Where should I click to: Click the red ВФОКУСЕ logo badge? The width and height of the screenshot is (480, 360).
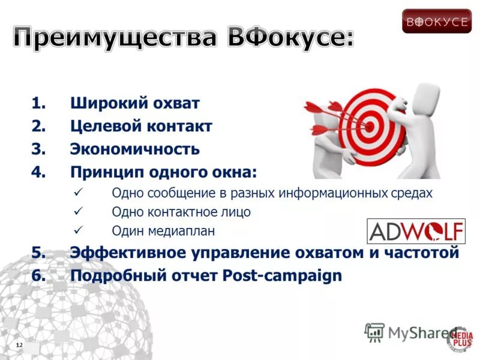(437, 21)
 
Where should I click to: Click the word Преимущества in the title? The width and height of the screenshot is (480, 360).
(114, 38)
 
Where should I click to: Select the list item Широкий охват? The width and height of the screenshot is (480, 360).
(135, 103)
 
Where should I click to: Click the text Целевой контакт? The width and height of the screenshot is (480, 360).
(141, 127)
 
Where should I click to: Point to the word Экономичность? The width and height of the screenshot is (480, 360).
(135, 149)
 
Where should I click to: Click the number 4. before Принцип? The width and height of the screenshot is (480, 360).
(39, 173)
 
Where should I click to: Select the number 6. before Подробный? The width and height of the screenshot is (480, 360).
(39, 276)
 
